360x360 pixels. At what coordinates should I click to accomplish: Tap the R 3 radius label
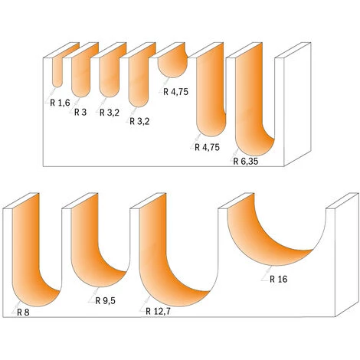pyautogui.click(x=81, y=111)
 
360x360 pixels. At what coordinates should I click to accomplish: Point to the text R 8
pyautogui.click(x=24, y=312)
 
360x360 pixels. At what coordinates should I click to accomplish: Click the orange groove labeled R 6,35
pyautogui.click(x=252, y=107)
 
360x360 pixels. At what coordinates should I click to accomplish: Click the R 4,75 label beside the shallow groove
pyautogui.click(x=177, y=91)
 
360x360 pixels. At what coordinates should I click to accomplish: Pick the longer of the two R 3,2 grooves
pyautogui.click(x=138, y=80)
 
